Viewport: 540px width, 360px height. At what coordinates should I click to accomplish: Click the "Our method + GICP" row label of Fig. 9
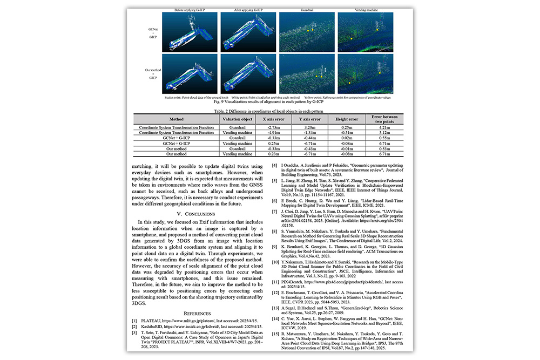pos(153,74)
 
